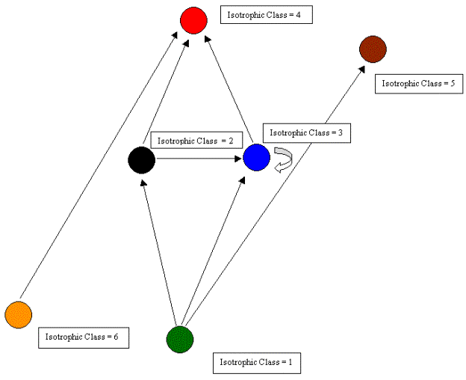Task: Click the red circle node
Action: (x=193, y=20)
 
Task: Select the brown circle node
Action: (x=373, y=49)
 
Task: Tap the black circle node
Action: (x=141, y=160)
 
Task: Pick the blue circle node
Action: (x=256, y=157)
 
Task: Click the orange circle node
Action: (x=18, y=314)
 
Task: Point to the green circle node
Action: (x=180, y=339)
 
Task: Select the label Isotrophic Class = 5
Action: (x=417, y=84)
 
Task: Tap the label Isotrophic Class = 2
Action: (x=196, y=140)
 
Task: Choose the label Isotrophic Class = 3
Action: (x=305, y=132)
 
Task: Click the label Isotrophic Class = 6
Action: (x=83, y=337)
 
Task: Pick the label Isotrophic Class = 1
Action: (x=257, y=363)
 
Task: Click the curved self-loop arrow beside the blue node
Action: (x=283, y=159)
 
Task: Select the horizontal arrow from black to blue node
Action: (x=199, y=158)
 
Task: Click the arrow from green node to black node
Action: (x=159, y=247)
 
